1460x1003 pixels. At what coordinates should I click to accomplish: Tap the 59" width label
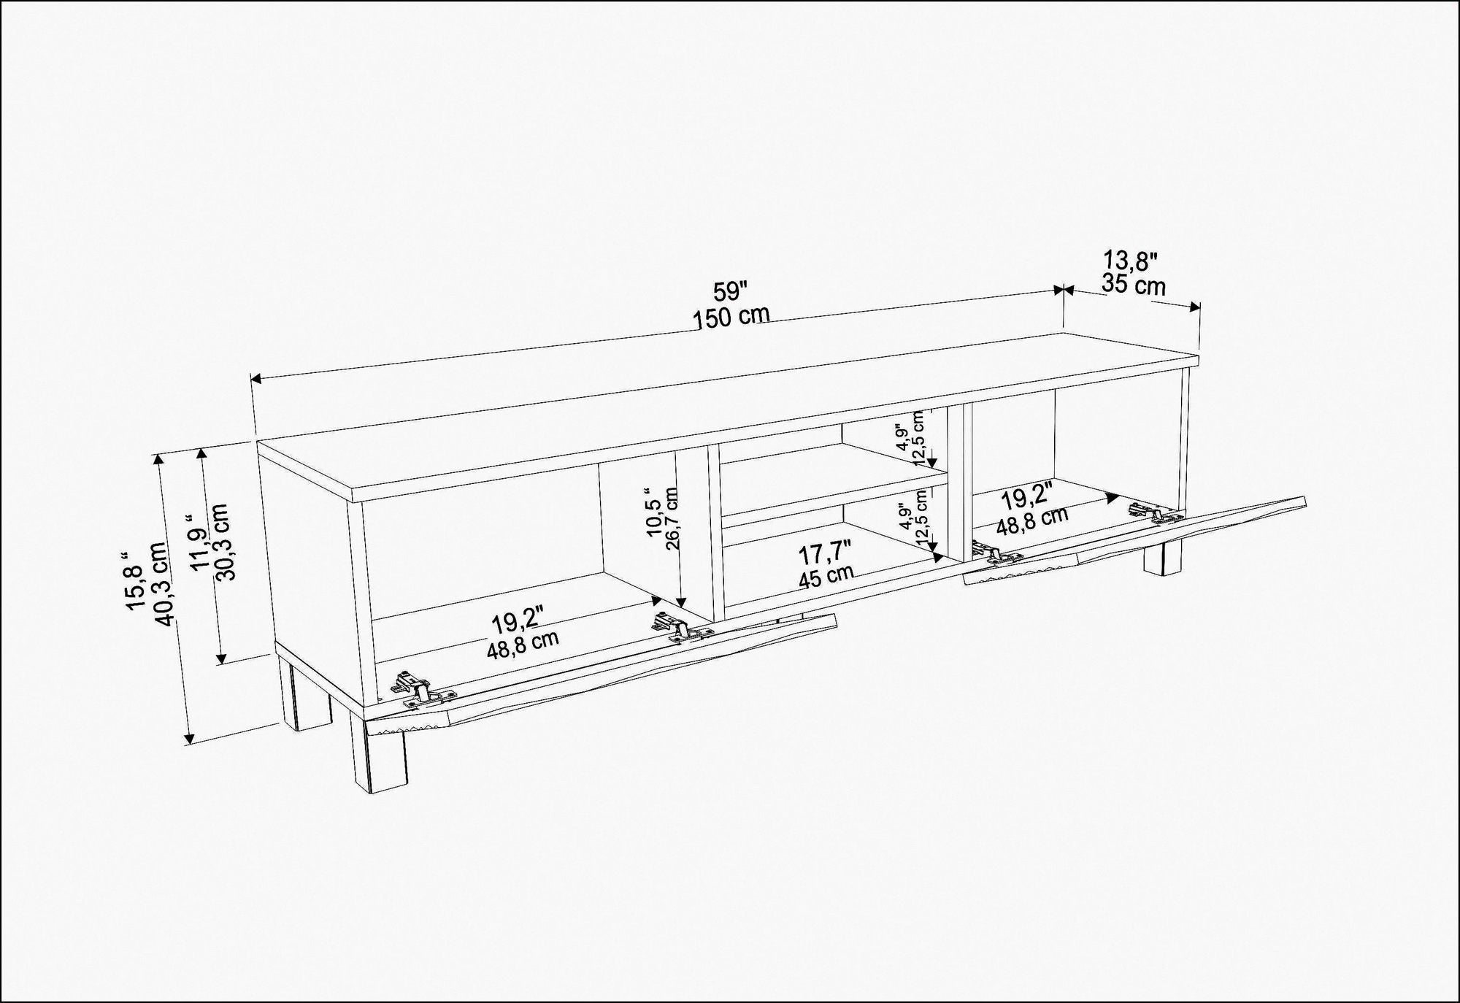[731, 292]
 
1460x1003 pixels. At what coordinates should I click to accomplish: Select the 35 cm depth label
[1134, 285]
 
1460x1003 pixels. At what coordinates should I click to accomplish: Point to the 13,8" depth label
[1130, 260]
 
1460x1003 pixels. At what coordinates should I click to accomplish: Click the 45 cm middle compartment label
[825, 577]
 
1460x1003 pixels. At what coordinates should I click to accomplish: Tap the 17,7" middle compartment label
[823, 553]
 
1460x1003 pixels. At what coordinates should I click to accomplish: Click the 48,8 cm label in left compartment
[523, 645]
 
